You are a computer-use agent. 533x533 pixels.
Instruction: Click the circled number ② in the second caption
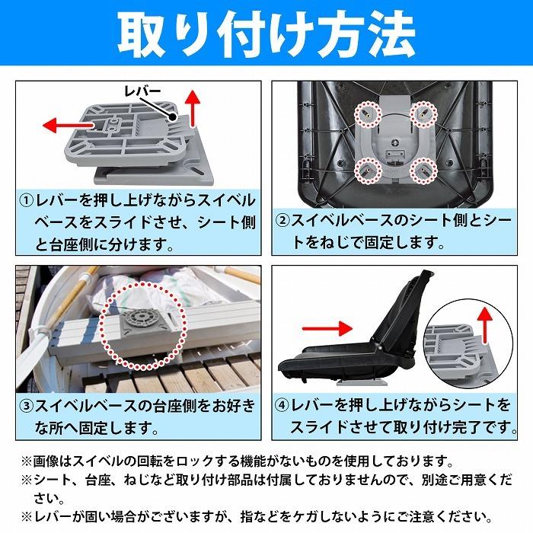[x=282, y=222]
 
